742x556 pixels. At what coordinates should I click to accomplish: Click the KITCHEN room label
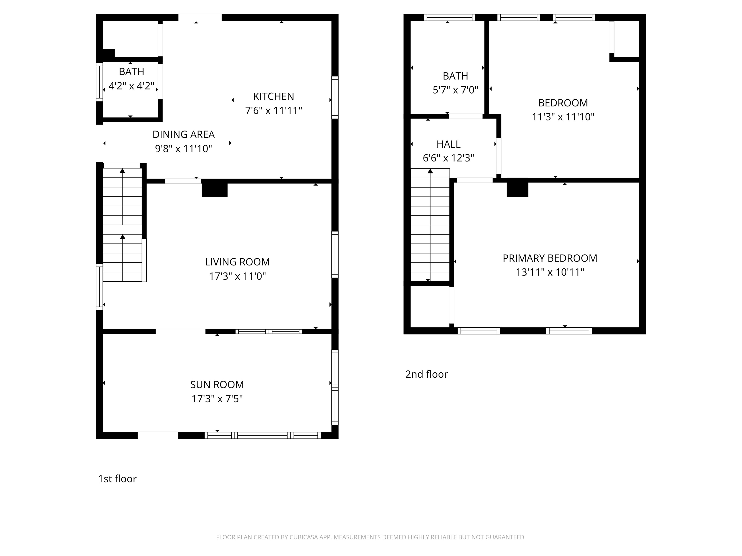(273, 97)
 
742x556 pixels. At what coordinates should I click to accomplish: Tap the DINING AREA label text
(184, 134)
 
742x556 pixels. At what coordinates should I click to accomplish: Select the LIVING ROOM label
(237, 262)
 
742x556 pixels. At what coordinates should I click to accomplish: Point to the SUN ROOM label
(217, 384)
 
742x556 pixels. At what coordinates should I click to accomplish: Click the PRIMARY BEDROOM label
(550, 258)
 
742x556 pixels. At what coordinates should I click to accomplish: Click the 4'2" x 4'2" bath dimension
(131, 86)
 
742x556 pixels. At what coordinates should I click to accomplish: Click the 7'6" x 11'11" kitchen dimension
(273, 111)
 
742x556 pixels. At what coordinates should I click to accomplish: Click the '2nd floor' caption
(426, 374)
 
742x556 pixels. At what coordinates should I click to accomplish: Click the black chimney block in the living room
(214, 190)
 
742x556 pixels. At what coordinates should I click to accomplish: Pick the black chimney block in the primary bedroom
(517, 190)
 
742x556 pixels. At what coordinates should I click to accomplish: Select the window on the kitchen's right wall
(335, 97)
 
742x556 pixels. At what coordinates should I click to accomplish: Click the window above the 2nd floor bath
(449, 17)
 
